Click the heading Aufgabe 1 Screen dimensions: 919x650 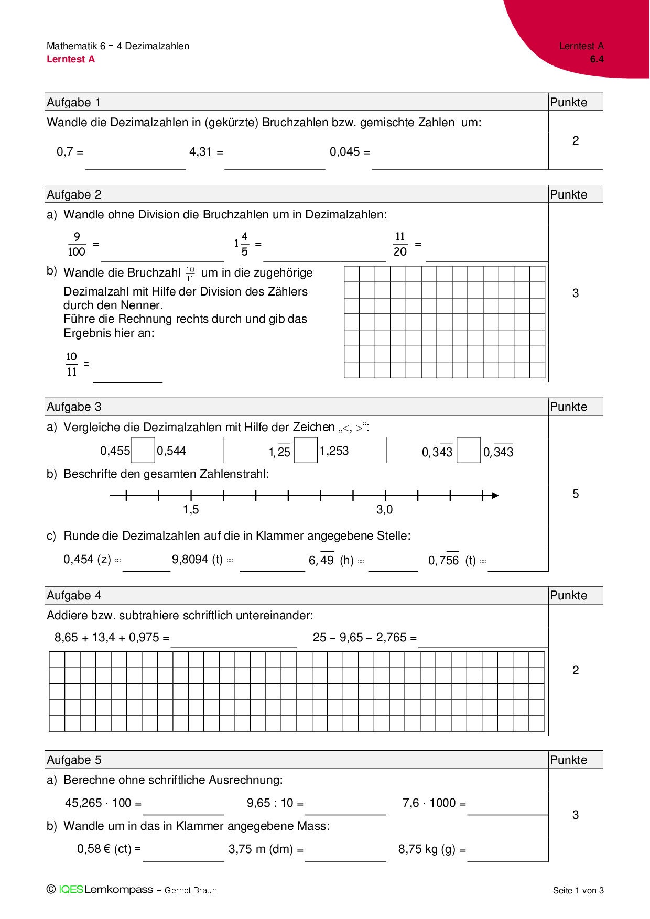coord(74,102)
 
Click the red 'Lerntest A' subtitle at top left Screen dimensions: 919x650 coord(71,59)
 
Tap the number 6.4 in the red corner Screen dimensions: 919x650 coord(597,59)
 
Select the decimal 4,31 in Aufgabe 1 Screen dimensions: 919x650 coord(201,152)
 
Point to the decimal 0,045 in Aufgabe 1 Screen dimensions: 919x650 coord(344,152)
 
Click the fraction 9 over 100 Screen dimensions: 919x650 coord(77,244)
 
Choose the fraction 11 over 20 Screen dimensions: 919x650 coord(400,244)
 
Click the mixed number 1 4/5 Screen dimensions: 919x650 coord(241,244)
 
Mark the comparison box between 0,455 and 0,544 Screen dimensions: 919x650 coord(143,450)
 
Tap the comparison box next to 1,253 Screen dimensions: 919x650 coord(306,450)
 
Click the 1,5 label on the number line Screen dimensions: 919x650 coord(191,509)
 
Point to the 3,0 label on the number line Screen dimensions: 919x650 coord(384,509)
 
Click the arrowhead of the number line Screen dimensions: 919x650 coord(495,495)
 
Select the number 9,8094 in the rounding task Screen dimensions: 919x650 coord(190,560)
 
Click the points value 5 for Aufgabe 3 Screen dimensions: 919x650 coord(576,494)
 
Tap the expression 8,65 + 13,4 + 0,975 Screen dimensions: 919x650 coord(107,638)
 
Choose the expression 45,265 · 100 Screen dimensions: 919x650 coord(98,803)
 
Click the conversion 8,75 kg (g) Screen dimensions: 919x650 coord(427,849)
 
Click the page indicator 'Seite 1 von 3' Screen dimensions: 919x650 coord(578,890)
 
